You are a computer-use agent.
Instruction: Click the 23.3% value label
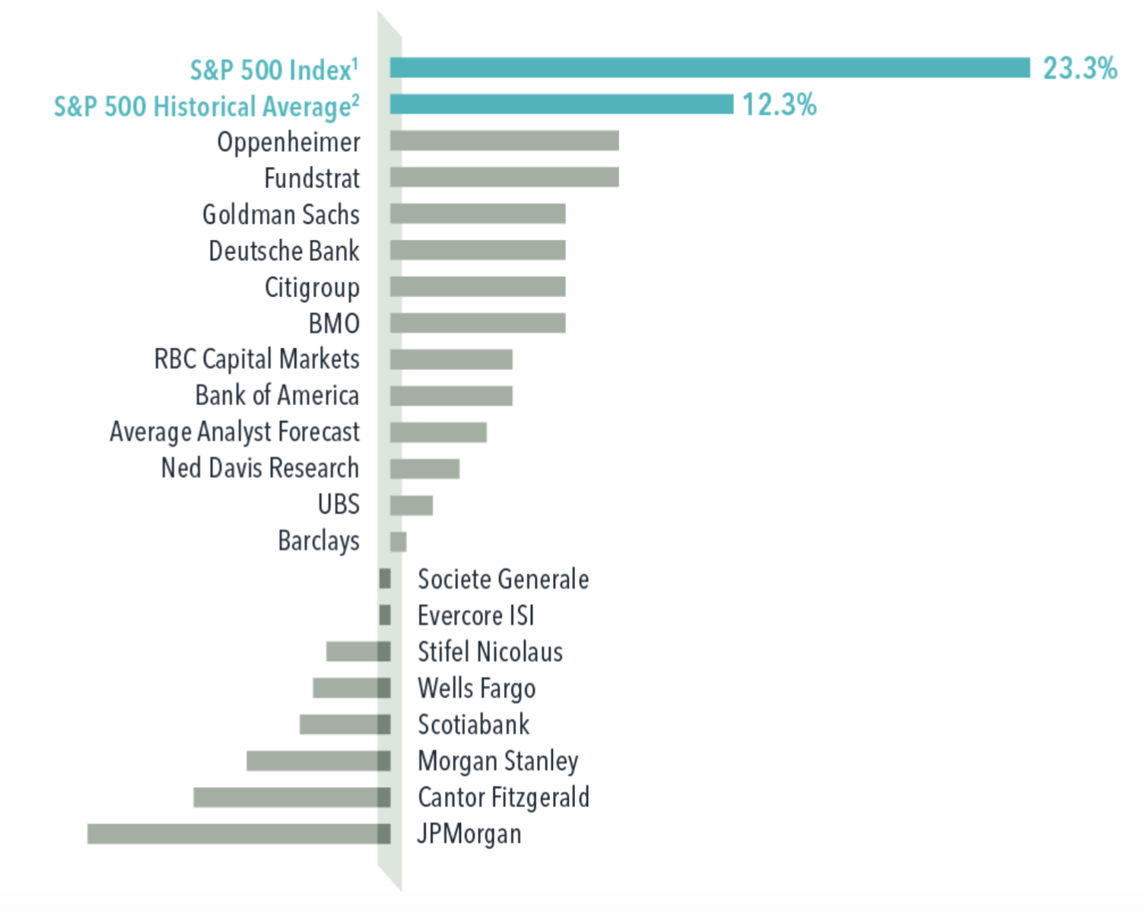click(x=1079, y=69)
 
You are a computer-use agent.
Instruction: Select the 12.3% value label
click(x=779, y=105)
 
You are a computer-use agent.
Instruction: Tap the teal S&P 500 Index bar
click(x=710, y=68)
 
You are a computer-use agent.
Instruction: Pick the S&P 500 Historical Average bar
click(x=561, y=104)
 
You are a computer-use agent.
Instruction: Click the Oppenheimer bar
click(x=504, y=141)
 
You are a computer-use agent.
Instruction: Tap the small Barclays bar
click(x=398, y=541)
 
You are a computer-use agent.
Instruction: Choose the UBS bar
click(x=412, y=505)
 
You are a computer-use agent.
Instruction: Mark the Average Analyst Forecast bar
click(x=438, y=432)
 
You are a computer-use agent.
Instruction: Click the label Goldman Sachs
click(x=281, y=215)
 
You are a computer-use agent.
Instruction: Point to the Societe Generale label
click(x=503, y=579)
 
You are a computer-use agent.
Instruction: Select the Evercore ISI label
click(x=475, y=615)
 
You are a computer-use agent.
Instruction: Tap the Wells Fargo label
click(x=476, y=688)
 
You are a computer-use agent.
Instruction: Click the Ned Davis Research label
click(x=259, y=468)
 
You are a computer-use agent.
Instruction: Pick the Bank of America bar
click(x=451, y=396)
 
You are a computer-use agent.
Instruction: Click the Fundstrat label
click(x=312, y=178)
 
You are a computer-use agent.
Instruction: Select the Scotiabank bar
click(x=345, y=724)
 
